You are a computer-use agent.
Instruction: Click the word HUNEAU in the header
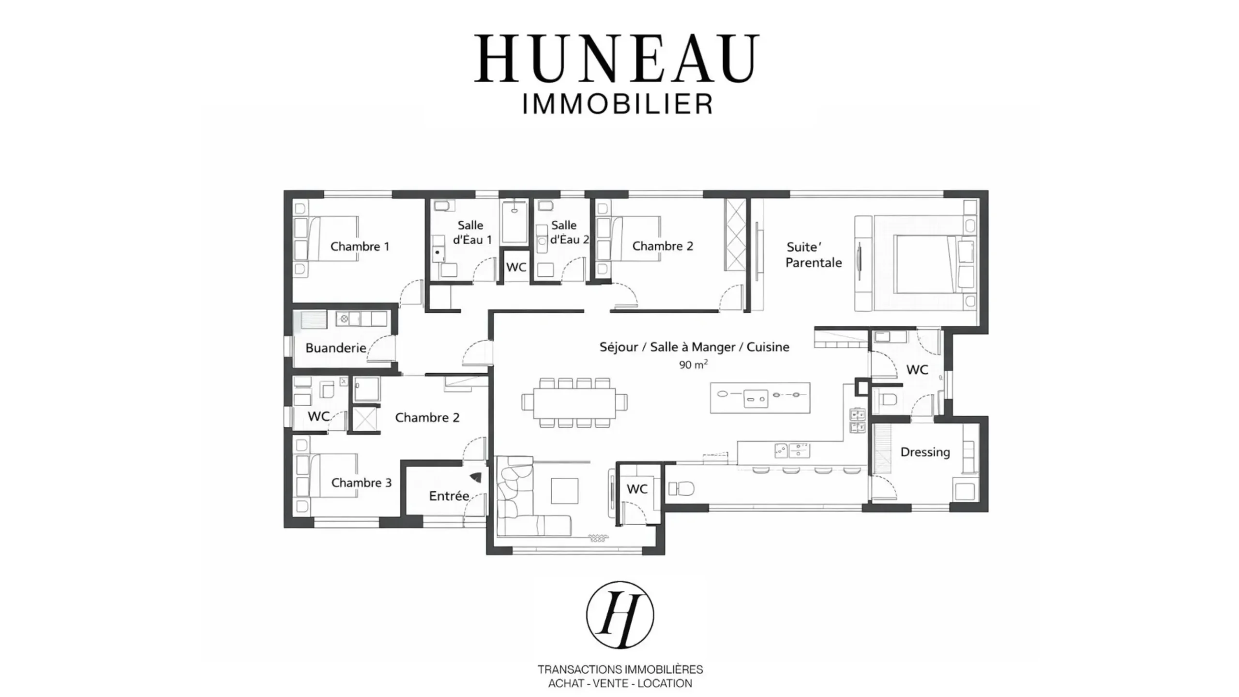click(x=617, y=58)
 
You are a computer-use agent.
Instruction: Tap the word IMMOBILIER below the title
click(x=618, y=104)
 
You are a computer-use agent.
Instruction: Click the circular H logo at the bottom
click(x=620, y=615)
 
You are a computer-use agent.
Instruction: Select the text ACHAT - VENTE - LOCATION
click(x=620, y=683)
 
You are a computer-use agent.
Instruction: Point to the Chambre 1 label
click(x=360, y=246)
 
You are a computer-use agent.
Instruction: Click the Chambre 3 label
click(x=362, y=483)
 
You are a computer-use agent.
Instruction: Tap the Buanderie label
click(x=336, y=348)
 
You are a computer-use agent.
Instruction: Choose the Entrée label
click(x=449, y=496)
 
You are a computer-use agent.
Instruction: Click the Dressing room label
click(x=925, y=452)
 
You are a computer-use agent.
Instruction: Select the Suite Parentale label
click(x=814, y=255)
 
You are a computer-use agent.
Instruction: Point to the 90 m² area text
click(x=693, y=364)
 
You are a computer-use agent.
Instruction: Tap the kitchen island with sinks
click(x=760, y=398)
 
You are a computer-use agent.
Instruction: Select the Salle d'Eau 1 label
click(x=472, y=232)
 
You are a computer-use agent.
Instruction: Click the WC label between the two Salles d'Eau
click(x=516, y=267)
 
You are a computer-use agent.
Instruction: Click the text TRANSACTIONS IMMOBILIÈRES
click(x=620, y=669)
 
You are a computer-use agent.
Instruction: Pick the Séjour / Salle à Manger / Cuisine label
click(x=695, y=347)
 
